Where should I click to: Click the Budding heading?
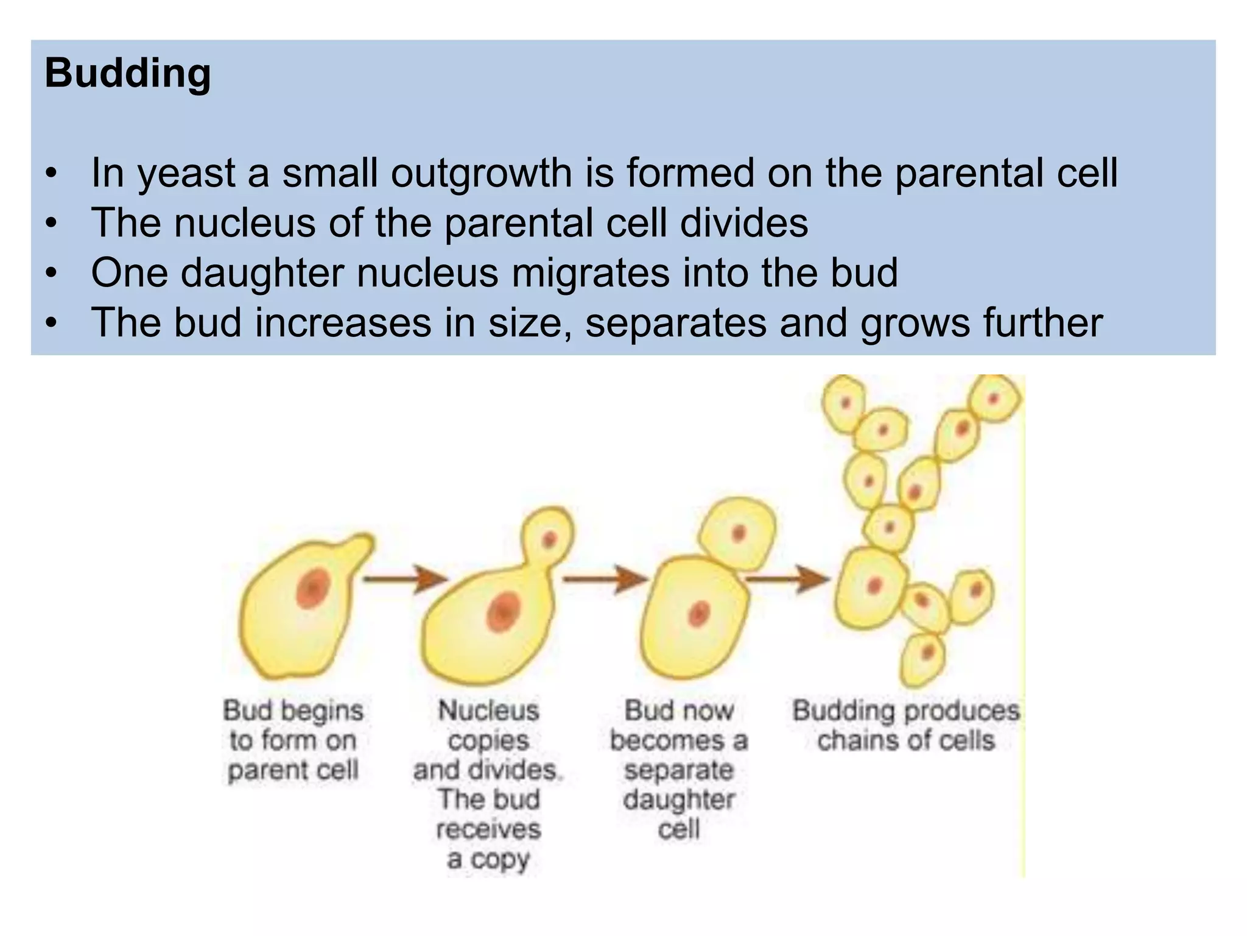[128, 74]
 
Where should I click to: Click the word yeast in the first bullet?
[186, 173]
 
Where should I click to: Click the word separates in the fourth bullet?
[675, 323]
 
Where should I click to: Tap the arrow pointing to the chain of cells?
[788, 578]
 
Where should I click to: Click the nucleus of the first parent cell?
[313, 589]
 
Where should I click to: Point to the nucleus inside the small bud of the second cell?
[549, 539]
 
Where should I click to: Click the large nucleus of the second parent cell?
[503, 611]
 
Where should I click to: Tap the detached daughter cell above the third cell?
[738, 533]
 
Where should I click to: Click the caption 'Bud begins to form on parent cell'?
[293, 740]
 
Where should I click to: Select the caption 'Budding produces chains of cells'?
[905, 726]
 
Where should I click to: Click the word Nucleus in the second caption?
[489, 711]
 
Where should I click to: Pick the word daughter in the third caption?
[679, 799]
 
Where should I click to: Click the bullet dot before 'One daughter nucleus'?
[52, 273]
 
